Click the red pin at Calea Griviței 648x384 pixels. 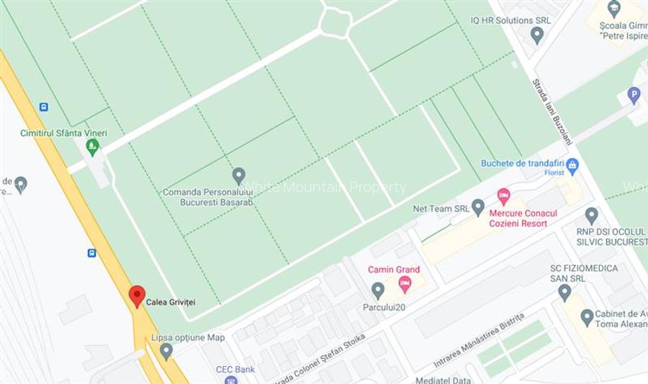pos(137,296)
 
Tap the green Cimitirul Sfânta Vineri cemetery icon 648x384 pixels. pos(92,147)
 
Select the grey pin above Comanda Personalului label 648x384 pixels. pos(239,175)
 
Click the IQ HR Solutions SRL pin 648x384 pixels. pos(536,35)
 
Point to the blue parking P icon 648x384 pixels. pos(634,95)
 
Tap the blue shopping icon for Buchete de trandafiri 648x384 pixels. pos(572,167)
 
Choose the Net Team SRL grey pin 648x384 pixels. pos(478,208)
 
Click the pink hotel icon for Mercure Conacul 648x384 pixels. pos(503,196)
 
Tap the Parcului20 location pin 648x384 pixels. pos(378,291)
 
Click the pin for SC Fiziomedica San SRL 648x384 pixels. pos(564,292)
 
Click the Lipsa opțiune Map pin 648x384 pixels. pos(166,352)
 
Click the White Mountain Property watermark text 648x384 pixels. pos(324,188)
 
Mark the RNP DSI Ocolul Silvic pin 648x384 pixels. pos(591,216)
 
